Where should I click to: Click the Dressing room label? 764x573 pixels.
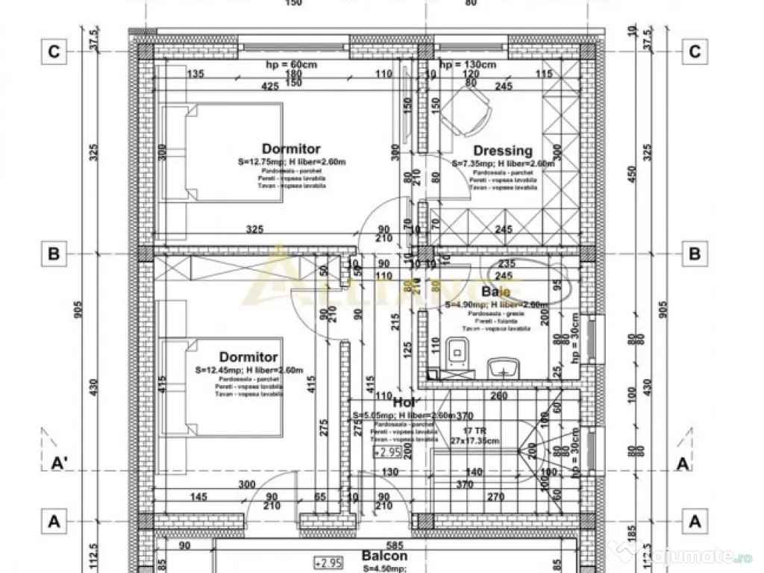click(x=502, y=151)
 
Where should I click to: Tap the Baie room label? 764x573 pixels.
click(x=495, y=292)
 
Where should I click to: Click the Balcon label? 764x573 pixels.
click(x=384, y=556)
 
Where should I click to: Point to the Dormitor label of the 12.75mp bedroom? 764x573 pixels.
click(x=291, y=148)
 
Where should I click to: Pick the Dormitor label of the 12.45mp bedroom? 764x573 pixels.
click(x=248, y=357)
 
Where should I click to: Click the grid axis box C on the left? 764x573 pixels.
click(x=54, y=51)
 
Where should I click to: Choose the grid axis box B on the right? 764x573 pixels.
click(x=695, y=254)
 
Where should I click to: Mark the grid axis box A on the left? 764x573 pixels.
click(x=54, y=522)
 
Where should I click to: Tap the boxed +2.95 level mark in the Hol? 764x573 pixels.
click(x=387, y=452)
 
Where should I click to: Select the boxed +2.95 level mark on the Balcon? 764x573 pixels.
click(x=328, y=562)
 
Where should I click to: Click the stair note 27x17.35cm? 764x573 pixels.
click(x=475, y=441)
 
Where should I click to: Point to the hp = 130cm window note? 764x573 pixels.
click(x=468, y=65)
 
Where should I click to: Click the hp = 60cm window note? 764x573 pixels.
click(x=291, y=65)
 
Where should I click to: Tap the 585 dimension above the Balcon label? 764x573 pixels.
click(x=384, y=545)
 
